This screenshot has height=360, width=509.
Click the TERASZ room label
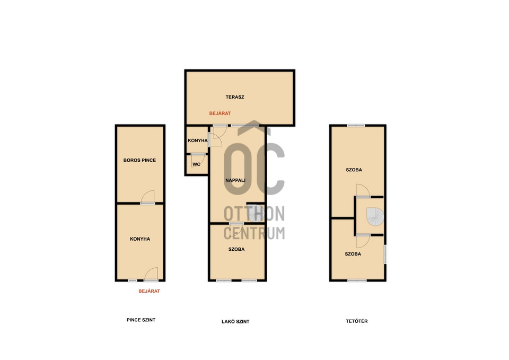pyautogui.click(x=235, y=96)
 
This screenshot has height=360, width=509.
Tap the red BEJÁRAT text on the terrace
pyautogui.click(x=220, y=113)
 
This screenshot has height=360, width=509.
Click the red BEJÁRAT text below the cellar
pyautogui.click(x=149, y=291)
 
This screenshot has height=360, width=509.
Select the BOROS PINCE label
pyautogui.click(x=139, y=160)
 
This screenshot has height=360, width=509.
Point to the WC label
pyautogui.click(x=196, y=164)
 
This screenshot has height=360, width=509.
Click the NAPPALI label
pyautogui.click(x=235, y=180)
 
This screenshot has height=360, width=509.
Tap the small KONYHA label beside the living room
pyautogui.click(x=198, y=141)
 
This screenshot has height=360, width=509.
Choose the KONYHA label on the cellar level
pyautogui.click(x=140, y=239)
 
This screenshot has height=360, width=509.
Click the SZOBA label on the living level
pyautogui.click(x=236, y=249)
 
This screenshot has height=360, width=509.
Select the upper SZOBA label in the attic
pyautogui.click(x=354, y=170)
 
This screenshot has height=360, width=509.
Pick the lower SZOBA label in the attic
pyautogui.click(x=353, y=254)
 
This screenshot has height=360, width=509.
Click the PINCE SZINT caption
pyautogui.click(x=141, y=320)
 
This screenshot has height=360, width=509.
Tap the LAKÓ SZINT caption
pyautogui.click(x=235, y=321)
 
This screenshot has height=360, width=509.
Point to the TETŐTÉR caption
pyautogui.click(x=357, y=321)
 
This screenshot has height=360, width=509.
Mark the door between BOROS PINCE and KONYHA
pyautogui.click(x=147, y=198)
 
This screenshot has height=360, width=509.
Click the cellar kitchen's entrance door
pyautogui.click(x=151, y=274)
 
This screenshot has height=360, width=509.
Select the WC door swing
pyautogui.click(x=198, y=160)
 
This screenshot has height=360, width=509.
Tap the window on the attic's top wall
pyautogui.click(x=356, y=126)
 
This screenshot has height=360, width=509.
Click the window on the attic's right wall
pyautogui.click(x=385, y=254)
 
